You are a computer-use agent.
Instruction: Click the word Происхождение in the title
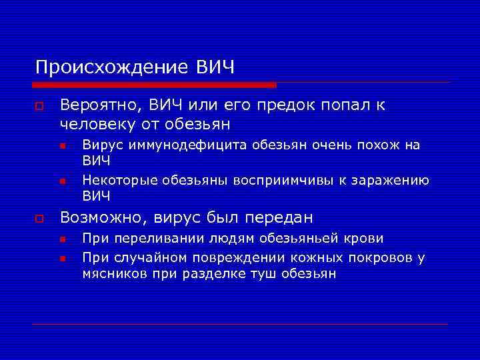tap(113, 68)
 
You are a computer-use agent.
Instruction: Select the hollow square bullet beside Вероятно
tap(40, 107)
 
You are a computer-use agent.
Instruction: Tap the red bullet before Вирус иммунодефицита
tap(61, 146)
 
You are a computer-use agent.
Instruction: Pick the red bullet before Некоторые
tap(61, 181)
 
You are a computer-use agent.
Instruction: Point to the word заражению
tap(392, 180)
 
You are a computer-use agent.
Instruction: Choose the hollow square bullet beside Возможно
tap(40, 219)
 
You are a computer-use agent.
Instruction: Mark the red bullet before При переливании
tap(61, 239)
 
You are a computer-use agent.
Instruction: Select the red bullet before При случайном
tap(61, 258)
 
